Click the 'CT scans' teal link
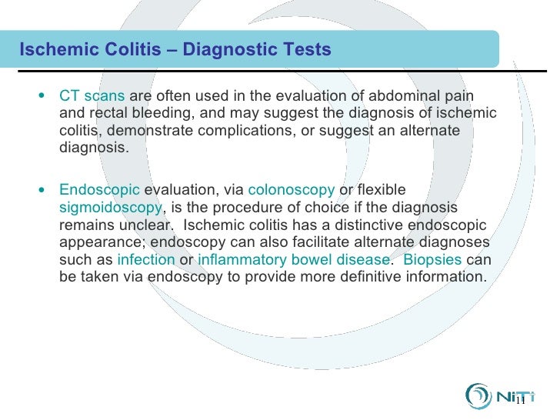[x=92, y=97]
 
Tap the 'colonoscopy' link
[x=291, y=190]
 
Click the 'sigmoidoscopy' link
[x=111, y=208]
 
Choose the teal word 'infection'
[x=145, y=259]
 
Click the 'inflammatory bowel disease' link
[x=293, y=259]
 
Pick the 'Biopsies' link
[x=432, y=259]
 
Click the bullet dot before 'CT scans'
[x=42, y=97]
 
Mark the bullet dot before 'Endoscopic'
[x=42, y=190]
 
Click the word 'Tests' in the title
[x=305, y=51]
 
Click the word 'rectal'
[x=104, y=115]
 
